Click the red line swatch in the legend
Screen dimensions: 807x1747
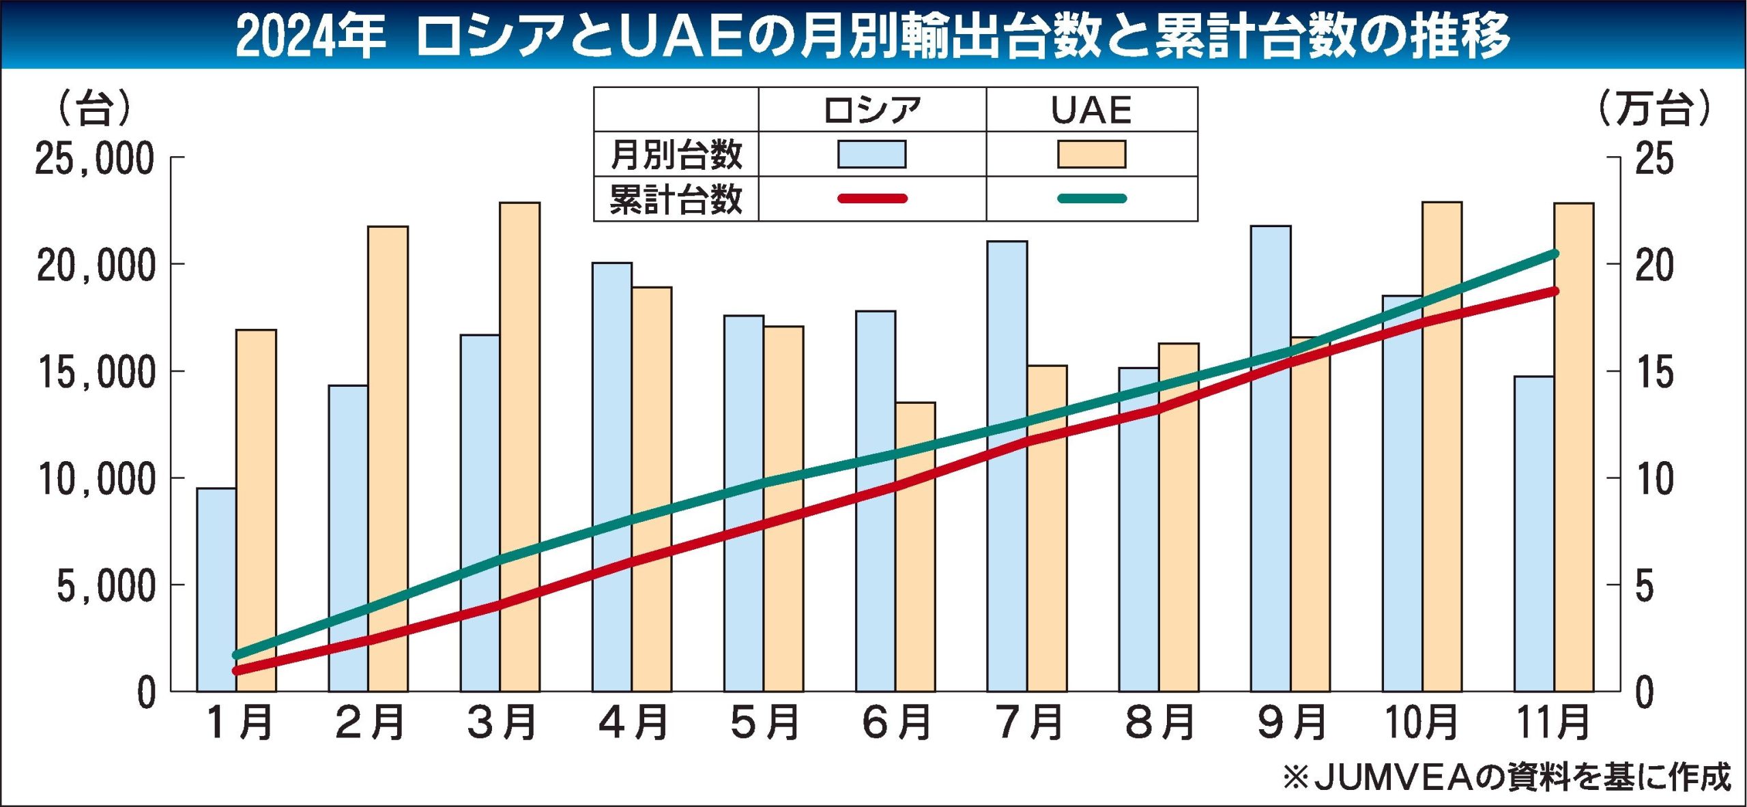pyautogui.click(x=872, y=199)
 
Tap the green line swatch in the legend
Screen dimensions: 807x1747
pyautogui.click(x=1092, y=199)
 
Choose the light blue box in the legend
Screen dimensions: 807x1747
pyautogui.click(x=872, y=154)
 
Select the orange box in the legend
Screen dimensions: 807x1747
pyautogui.click(x=1092, y=154)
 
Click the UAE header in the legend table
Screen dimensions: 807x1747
pyautogui.click(x=1091, y=110)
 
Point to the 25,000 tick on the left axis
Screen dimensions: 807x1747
pyautogui.click(x=95, y=159)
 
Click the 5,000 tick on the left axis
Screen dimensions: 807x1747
pyautogui.click(x=106, y=585)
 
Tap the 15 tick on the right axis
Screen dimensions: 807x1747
pyautogui.click(x=1654, y=372)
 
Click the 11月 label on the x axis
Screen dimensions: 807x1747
pyautogui.click(x=1553, y=723)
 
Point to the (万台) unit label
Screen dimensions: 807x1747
pyautogui.click(x=1655, y=108)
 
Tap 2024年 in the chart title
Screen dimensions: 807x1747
pyautogui.click(x=311, y=35)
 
